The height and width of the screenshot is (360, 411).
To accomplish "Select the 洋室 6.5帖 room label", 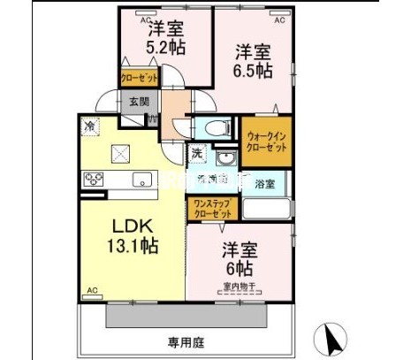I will click(252, 59).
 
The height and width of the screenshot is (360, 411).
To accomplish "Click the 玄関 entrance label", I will click(138, 102).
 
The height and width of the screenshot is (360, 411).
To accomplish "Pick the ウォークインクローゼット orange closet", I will click(266, 142).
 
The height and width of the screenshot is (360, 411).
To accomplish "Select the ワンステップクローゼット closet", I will click(210, 209).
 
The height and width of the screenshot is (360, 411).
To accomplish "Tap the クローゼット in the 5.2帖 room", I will click(140, 78).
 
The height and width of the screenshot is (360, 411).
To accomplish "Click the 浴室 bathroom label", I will click(265, 184).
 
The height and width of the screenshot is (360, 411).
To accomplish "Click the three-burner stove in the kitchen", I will click(93, 180).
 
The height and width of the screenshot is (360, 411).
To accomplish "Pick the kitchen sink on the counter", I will click(141, 180).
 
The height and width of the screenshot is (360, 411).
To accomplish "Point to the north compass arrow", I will click(332, 339).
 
